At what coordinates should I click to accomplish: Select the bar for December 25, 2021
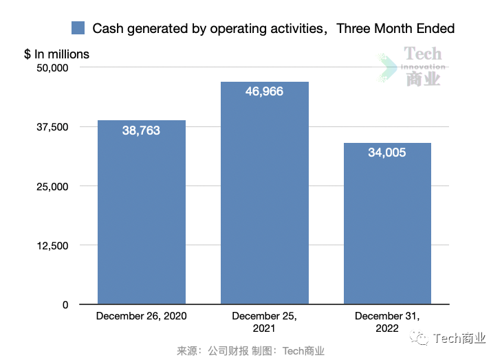pos(264,199)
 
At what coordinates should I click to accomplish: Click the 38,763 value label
pos(141,131)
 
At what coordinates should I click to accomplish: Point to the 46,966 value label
pos(264,91)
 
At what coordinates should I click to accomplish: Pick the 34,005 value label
pos(387,153)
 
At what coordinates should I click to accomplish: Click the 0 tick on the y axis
pos(65,304)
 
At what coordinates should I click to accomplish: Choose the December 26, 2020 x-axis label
pos(141,316)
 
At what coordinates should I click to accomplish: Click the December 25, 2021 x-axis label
pos(264,322)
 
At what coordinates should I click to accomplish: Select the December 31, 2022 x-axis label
pos(387,322)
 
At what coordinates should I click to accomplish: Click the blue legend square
pos(78,28)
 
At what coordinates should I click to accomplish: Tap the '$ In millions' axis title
pos(56,54)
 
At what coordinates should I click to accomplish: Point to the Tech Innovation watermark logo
pos(414,67)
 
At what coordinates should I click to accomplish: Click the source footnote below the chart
pos(250,350)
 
